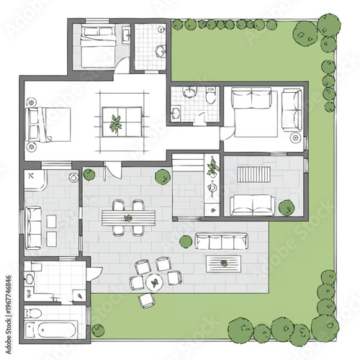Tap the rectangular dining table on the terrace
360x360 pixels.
point(128,217)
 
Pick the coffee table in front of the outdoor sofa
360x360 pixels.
point(223,264)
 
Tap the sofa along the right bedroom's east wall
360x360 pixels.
point(292,109)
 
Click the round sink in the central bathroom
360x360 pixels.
point(189,92)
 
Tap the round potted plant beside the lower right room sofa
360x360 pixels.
point(286,207)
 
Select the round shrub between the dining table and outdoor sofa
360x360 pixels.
point(185,241)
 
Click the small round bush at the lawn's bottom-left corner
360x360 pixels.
point(98,330)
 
